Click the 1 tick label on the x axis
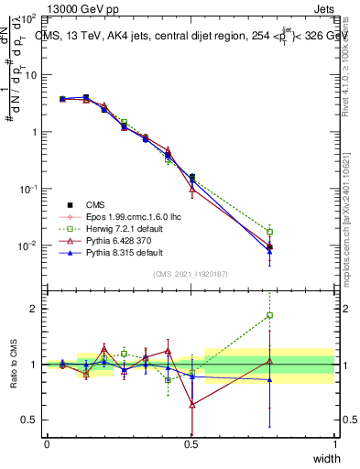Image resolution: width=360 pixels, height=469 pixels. (x=335, y=444)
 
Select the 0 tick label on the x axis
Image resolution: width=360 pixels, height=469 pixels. (x=47, y=444)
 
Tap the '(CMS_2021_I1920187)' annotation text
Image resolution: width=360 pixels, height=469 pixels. (x=191, y=273)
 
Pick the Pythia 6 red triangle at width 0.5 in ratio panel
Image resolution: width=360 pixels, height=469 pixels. (x=191, y=404)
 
